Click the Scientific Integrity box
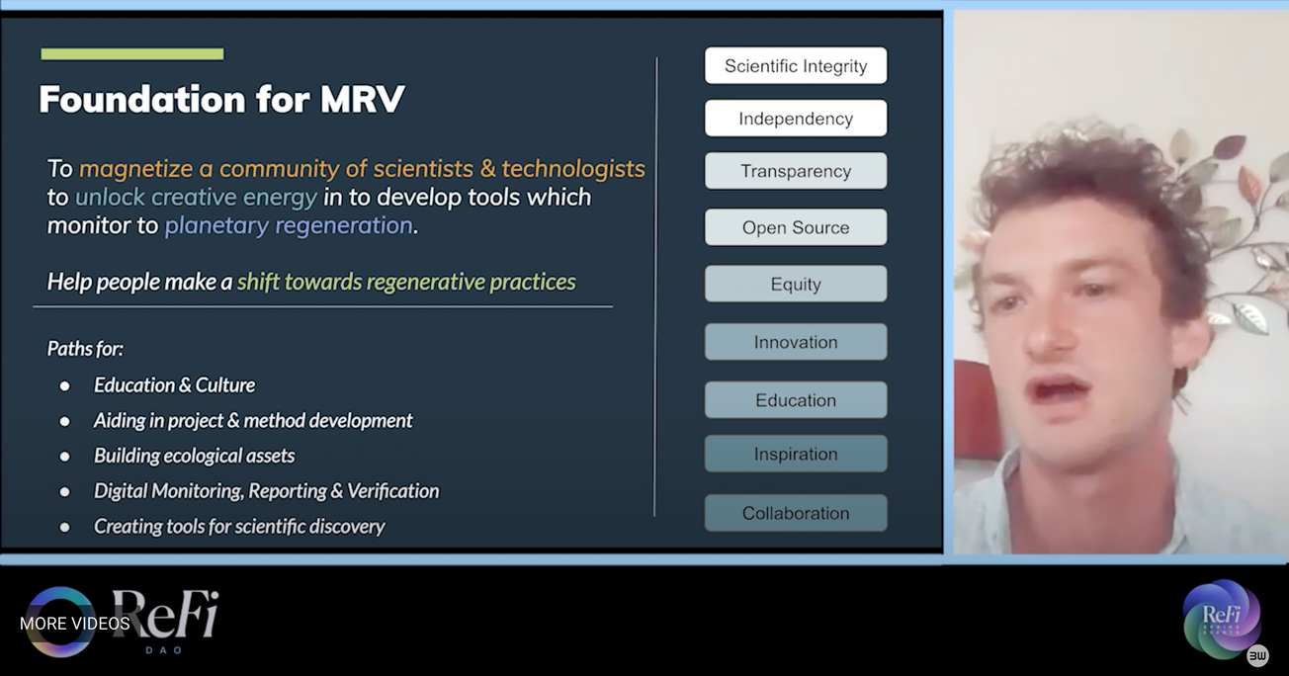pyautogui.click(x=796, y=65)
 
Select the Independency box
pyautogui.click(x=796, y=119)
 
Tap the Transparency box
pyautogui.click(x=796, y=171)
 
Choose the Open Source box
pyautogui.click(x=796, y=227)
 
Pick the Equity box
pyautogui.click(x=796, y=284)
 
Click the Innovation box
pyautogui.click(x=796, y=342)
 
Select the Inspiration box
pyautogui.click(x=796, y=454)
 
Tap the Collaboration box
pyautogui.click(x=796, y=513)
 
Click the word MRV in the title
pyautogui.click(x=363, y=100)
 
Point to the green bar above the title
pyautogui.click(x=132, y=54)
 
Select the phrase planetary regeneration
pyautogui.click(x=289, y=226)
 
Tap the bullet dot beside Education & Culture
pyautogui.click(x=64, y=385)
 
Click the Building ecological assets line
pyautogui.click(x=195, y=456)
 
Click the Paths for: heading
pyautogui.click(x=85, y=349)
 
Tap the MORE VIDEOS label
pyautogui.click(x=75, y=624)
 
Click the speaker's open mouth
pyautogui.click(x=1060, y=391)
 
